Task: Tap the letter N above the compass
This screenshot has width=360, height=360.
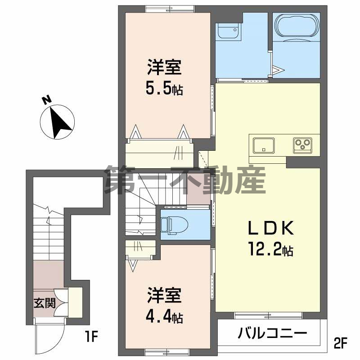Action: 46,100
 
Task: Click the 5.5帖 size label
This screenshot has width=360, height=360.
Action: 164,89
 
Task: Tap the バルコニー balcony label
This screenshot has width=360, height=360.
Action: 272,334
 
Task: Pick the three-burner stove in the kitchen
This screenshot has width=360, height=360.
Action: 303,144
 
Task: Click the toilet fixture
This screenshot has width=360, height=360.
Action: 173,224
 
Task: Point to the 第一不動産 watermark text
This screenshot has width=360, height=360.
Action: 184,180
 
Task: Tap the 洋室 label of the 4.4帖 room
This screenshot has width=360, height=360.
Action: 164,297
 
